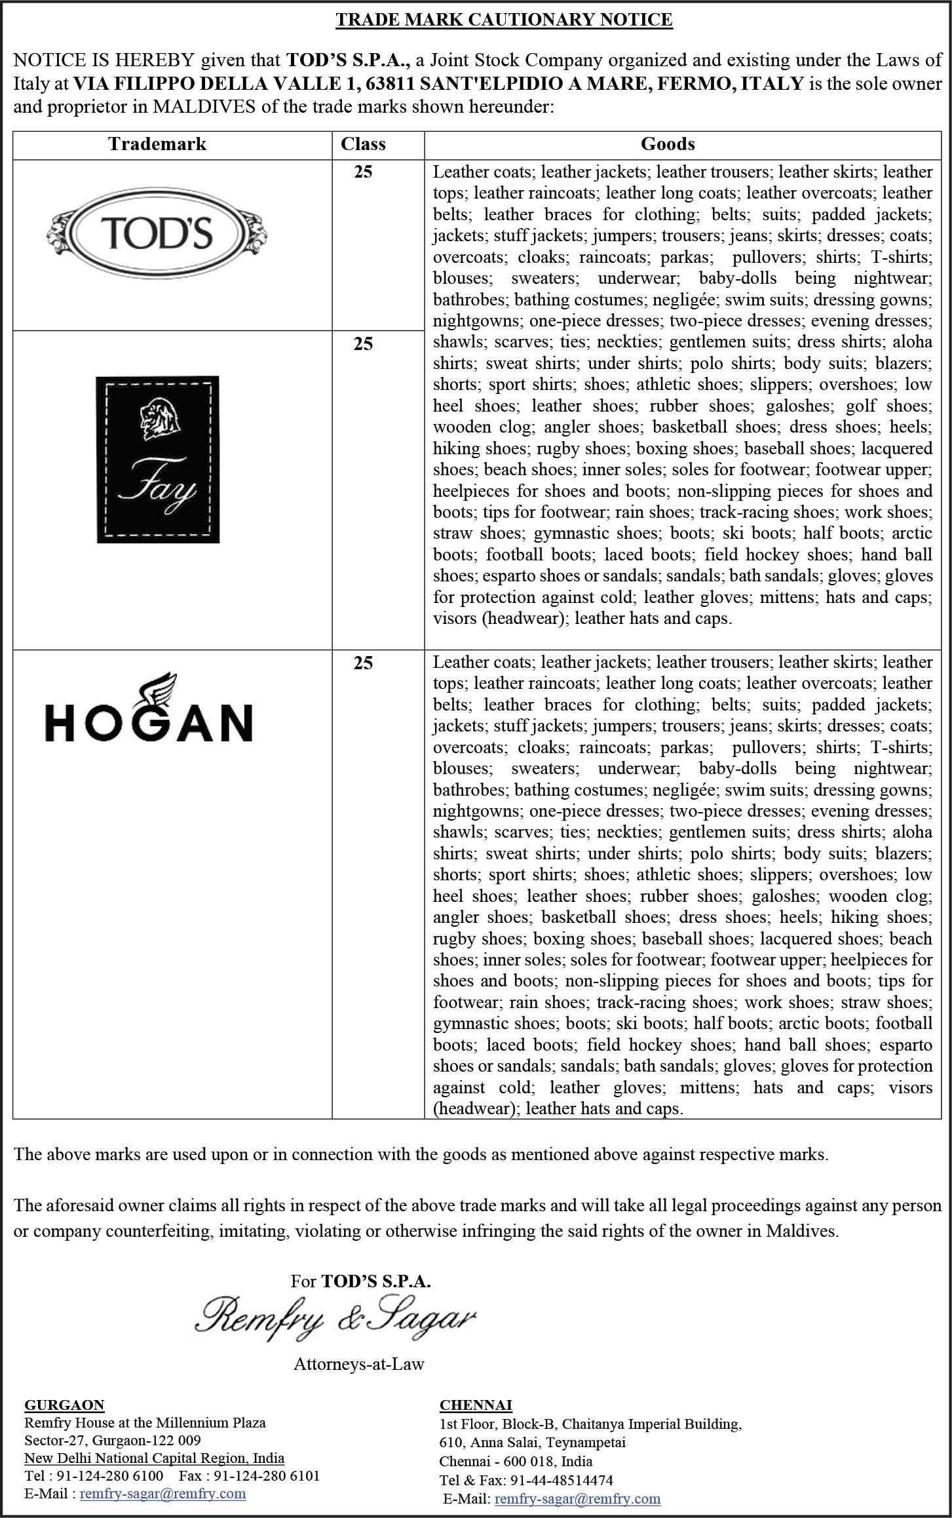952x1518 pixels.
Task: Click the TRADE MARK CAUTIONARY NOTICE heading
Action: pyautogui.click(x=504, y=20)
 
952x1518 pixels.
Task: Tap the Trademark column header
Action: pyautogui.click(x=157, y=144)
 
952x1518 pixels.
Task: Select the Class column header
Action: pyautogui.click(x=363, y=144)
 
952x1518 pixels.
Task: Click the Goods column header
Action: pyautogui.click(x=668, y=144)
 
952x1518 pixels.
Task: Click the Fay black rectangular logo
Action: pyautogui.click(x=158, y=459)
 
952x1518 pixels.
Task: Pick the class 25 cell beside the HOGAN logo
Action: pyautogui.click(x=363, y=663)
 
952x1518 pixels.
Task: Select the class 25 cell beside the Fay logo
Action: pyautogui.click(x=363, y=343)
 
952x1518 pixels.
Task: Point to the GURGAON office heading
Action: pyautogui.click(x=64, y=1404)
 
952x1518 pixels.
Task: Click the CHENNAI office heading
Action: pyautogui.click(x=476, y=1404)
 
